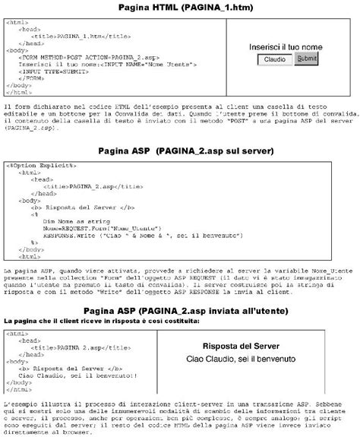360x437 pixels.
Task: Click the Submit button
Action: [306, 59]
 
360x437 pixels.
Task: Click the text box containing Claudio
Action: [274, 59]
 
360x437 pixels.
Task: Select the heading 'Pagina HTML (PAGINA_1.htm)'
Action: [179, 8]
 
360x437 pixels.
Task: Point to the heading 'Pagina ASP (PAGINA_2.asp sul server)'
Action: [179, 151]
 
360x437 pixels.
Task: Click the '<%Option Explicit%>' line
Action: [42, 164]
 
